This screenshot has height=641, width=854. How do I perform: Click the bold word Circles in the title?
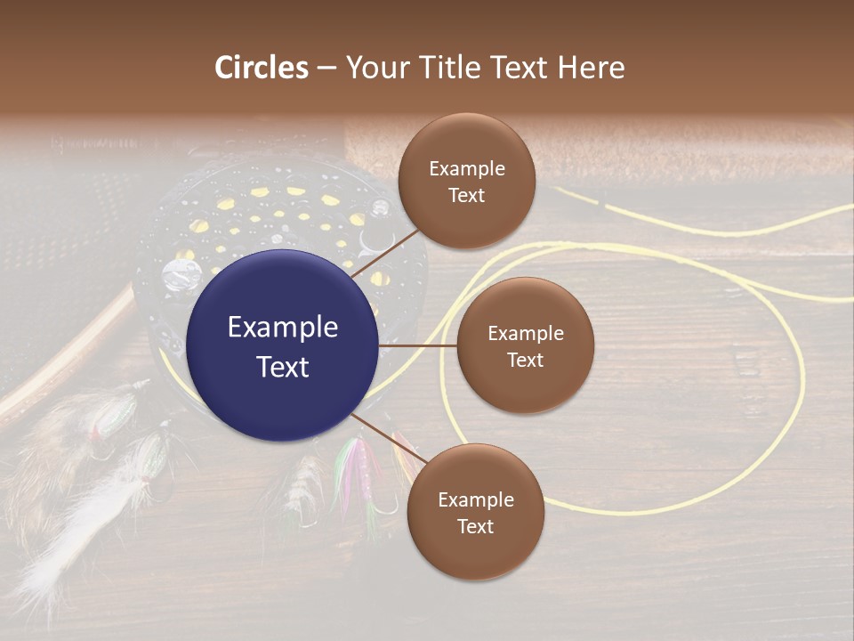coord(262,68)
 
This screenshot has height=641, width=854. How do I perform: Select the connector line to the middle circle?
coord(417,345)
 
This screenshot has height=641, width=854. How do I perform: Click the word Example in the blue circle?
coord(282,328)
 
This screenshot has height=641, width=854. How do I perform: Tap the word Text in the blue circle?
coord(282,367)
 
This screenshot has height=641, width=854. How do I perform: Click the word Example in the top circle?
coord(467,168)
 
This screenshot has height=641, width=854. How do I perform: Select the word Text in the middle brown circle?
coord(525,360)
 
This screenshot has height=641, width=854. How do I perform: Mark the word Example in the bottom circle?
coord(476,499)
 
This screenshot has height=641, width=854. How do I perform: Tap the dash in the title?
coord(326,68)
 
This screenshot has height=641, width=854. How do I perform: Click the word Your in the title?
coord(375,68)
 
